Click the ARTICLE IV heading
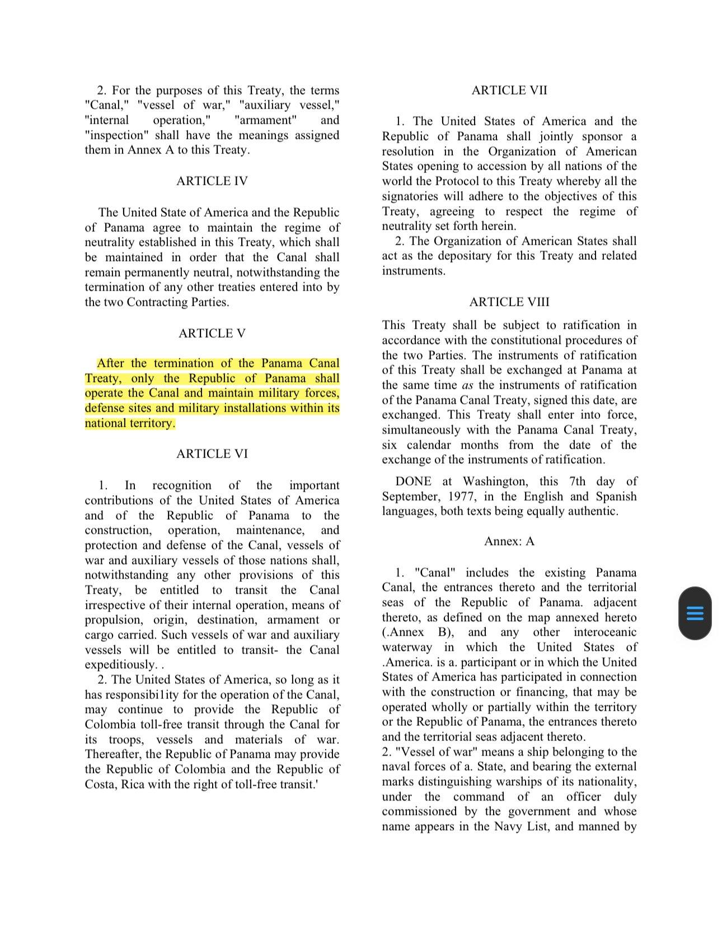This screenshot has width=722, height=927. tap(212, 181)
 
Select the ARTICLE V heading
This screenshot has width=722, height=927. tap(212, 333)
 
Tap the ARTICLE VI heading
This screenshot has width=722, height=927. tap(212, 454)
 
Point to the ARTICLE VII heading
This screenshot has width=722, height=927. tap(509, 90)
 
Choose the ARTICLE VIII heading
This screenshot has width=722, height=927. tap(509, 302)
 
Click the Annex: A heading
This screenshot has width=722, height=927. tap(509, 541)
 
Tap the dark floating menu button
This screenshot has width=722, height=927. tap(695, 613)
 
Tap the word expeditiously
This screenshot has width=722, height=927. tap(120, 665)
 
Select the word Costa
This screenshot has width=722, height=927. tap(101, 785)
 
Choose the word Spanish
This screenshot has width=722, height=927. tap(615, 497)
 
